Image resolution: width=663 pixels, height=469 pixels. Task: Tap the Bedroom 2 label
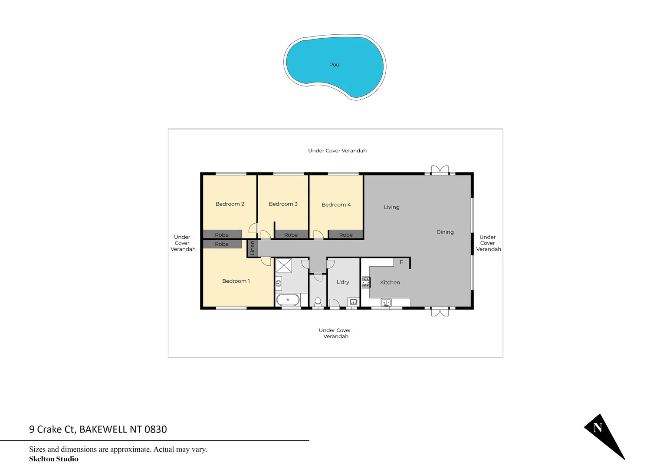[230, 204]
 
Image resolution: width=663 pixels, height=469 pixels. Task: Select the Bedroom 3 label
[283, 204]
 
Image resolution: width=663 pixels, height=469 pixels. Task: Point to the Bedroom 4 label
[336, 205]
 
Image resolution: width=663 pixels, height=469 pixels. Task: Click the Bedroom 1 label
[236, 281]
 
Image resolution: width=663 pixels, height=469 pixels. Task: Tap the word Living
[391, 207]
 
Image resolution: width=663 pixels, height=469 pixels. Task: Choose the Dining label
[445, 232]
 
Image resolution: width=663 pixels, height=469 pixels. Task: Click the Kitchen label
[390, 283]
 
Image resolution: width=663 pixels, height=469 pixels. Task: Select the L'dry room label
[343, 282]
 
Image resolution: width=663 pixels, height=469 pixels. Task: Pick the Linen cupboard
[253, 248]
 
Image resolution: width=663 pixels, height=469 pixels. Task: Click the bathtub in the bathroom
[288, 300]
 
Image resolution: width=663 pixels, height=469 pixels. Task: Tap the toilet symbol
[318, 301]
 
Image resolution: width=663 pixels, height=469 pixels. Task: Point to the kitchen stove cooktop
[366, 282]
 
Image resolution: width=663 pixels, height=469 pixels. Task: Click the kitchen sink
[386, 302]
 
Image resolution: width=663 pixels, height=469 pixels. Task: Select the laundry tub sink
[353, 302]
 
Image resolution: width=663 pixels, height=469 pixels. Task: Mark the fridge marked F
[401, 262]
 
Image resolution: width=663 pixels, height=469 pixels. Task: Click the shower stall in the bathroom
[283, 265]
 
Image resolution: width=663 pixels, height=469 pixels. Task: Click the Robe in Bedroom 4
[345, 235]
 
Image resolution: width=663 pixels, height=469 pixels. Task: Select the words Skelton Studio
[54, 459]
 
